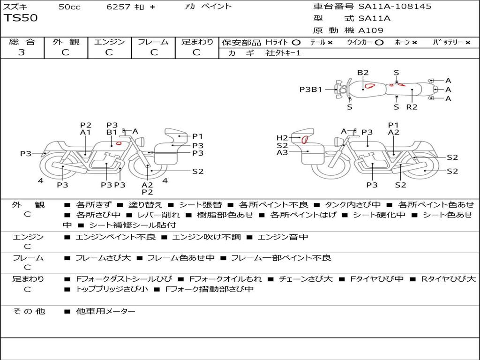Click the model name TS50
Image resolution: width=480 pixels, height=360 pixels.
[x=21, y=18]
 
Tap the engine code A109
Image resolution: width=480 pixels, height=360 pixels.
[x=371, y=30]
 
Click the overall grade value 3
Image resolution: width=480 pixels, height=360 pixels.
[x=22, y=52]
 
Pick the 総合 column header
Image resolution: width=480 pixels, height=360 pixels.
[x=22, y=42]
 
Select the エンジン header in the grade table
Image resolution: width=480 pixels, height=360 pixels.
[x=109, y=42]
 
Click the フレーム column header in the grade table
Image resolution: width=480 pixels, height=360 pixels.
[x=153, y=42]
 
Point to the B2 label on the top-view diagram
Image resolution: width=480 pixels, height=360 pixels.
[x=363, y=73]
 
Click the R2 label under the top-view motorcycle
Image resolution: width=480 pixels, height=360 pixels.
[x=412, y=107]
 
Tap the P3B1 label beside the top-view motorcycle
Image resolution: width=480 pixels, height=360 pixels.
[x=311, y=89]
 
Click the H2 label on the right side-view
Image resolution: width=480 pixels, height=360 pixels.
[x=282, y=138]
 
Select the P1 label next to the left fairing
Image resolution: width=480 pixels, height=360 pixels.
[x=198, y=136]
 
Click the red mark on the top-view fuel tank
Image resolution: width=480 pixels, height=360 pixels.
[x=370, y=85]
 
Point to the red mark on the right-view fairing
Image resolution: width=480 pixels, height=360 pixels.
[x=305, y=139]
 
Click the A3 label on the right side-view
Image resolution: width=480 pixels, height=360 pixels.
[x=282, y=152]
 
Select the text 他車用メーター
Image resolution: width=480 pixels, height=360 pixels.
[x=105, y=311]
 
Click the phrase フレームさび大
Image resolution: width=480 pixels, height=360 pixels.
[x=106, y=258]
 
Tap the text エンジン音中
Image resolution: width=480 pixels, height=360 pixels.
[x=283, y=237]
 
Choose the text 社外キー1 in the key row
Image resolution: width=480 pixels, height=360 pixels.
[x=283, y=53]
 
